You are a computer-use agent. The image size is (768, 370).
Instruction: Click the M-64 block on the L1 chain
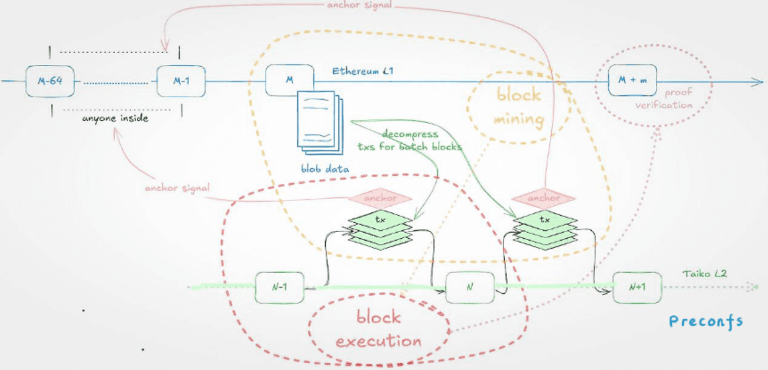pyautogui.click(x=50, y=81)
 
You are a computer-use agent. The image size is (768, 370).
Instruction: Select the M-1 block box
pyautogui.click(x=181, y=81)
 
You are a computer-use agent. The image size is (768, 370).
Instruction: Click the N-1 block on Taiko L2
pyautogui.click(x=280, y=287)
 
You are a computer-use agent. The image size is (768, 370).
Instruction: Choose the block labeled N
pyautogui.click(x=470, y=287)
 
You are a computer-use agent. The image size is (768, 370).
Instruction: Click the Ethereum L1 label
pyautogui.click(x=363, y=72)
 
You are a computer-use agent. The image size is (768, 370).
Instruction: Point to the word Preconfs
pyautogui.click(x=705, y=321)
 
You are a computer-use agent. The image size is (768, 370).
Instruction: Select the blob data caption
pyautogui.click(x=325, y=168)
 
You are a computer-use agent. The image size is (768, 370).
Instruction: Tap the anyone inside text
pyautogui.click(x=115, y=118)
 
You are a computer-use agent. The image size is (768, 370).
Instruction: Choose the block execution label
pyautogui.click(x=379, y=329)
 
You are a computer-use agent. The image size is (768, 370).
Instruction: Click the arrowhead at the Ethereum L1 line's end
pyautogui.click(x=759, y=82)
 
